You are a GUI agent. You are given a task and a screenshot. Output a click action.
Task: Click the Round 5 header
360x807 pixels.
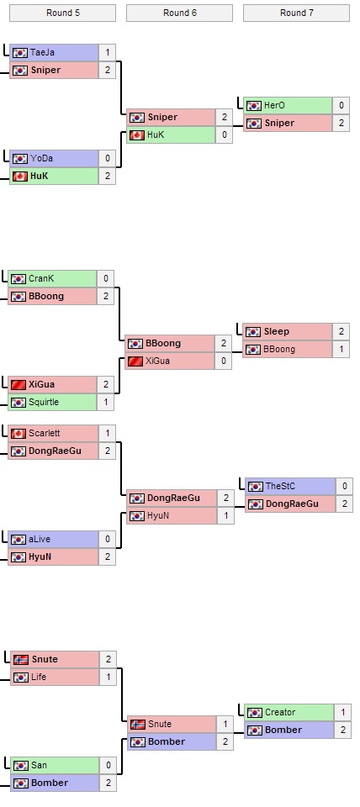tap(62, 13)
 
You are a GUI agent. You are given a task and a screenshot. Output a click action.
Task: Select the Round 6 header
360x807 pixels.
tap(179, 13)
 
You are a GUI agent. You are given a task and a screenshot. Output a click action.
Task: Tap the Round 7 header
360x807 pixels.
tap(296, 13)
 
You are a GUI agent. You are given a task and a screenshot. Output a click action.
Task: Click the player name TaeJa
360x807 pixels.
tap(42, 52)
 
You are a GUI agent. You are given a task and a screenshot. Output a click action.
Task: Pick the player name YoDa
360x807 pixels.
tap(41, 158)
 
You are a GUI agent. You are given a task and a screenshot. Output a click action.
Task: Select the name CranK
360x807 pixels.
tap(42, 278)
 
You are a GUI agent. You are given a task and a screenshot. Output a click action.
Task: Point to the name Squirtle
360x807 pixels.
tap(44, 402)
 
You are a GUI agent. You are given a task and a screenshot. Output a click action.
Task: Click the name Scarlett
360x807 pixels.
tap(45, 433)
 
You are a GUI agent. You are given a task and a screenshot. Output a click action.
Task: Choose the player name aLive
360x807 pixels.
tap(41, 539)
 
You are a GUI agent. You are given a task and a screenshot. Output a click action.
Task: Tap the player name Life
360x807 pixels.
tap(39, 677)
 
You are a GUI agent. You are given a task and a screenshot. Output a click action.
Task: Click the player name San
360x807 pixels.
tap(39, 765)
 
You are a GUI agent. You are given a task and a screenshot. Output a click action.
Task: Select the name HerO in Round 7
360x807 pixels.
tap(275, 105)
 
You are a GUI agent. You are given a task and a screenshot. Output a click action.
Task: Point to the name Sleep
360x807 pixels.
tap(277, 331)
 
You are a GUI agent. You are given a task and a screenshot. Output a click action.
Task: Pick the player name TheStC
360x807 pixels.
tap(280, 486)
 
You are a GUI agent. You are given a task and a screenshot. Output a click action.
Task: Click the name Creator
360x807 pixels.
tap(280, 712)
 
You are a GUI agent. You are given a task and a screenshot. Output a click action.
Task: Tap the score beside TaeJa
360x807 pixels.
tap(107, 52)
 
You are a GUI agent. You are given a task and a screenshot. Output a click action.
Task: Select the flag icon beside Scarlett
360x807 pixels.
tap(19, 433)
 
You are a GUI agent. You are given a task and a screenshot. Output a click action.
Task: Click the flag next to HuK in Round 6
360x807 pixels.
tap(136, 134)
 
